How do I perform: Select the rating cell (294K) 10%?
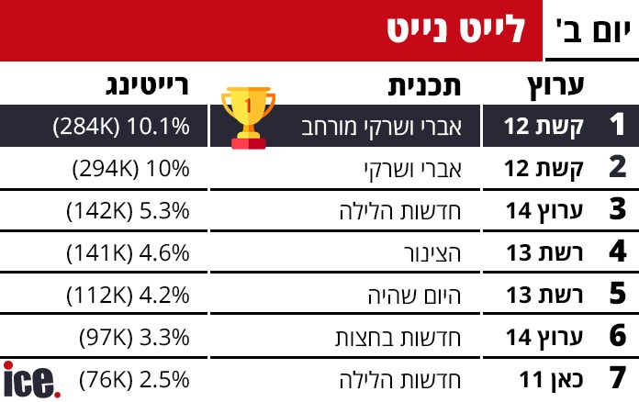point(130,168)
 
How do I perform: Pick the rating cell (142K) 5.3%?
point(128,210)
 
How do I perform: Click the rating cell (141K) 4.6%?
point(128,252)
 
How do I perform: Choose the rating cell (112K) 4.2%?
point(128,295)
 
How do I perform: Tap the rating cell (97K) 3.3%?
point(134,337)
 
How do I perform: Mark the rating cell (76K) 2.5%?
point(134,379)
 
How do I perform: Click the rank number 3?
point(617,210)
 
